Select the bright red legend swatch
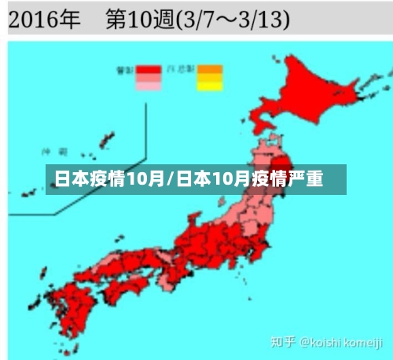tap(148, 69)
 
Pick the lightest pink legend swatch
tap(148, 86)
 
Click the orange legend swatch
tap(210, 69)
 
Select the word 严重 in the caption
tap(306, 178)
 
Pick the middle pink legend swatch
tap(148, 78)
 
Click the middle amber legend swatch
tap(210, 78)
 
